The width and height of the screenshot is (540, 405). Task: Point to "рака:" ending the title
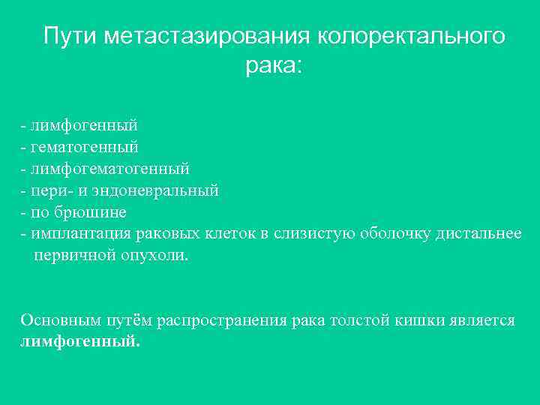[273, 67]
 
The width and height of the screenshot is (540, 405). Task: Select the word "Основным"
[56, 320]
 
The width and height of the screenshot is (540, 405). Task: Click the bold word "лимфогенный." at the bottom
[80, 341]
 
